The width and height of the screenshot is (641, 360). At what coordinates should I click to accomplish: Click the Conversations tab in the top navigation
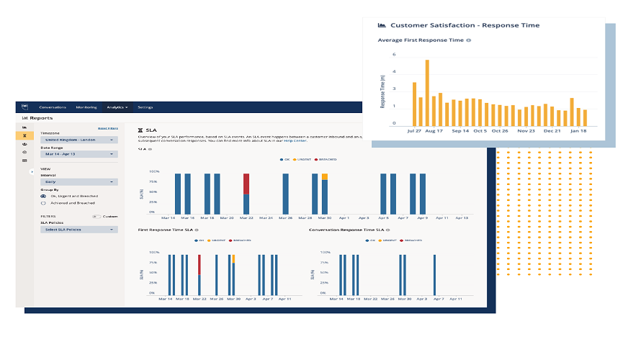pos(53,107)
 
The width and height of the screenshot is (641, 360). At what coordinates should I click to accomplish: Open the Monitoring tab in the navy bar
pos(86,107)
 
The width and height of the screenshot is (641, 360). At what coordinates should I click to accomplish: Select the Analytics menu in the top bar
pos(117,107)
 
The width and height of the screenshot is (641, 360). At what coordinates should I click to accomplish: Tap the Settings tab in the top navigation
pos(145,107)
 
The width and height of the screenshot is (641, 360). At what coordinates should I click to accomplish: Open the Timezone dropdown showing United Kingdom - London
pos(79,140)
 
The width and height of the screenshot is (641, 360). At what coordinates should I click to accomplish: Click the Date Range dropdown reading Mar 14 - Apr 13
pos(79,154)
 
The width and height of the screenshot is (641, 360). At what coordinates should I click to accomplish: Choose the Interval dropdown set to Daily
pos(79,182)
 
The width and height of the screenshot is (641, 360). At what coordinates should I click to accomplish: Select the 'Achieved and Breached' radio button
pos(44,203)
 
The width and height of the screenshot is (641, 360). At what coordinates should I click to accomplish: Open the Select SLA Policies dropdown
pos(79,230)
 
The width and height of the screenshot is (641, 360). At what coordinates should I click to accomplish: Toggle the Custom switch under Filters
pos(97,216)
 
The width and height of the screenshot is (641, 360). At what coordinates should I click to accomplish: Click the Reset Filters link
pos(107,128)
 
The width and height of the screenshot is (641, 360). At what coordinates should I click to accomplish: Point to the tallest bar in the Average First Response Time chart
pos(427,91)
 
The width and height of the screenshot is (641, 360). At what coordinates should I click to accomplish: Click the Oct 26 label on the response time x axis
pos(501,131)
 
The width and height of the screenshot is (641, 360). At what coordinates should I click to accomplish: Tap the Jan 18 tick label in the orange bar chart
pos(578,131)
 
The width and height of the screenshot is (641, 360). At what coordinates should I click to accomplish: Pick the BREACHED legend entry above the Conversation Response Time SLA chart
pos(413,240)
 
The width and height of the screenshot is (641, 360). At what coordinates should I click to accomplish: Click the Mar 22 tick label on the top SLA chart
pos(246,217)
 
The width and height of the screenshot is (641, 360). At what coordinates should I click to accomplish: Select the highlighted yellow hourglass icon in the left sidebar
pos(24,135)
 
